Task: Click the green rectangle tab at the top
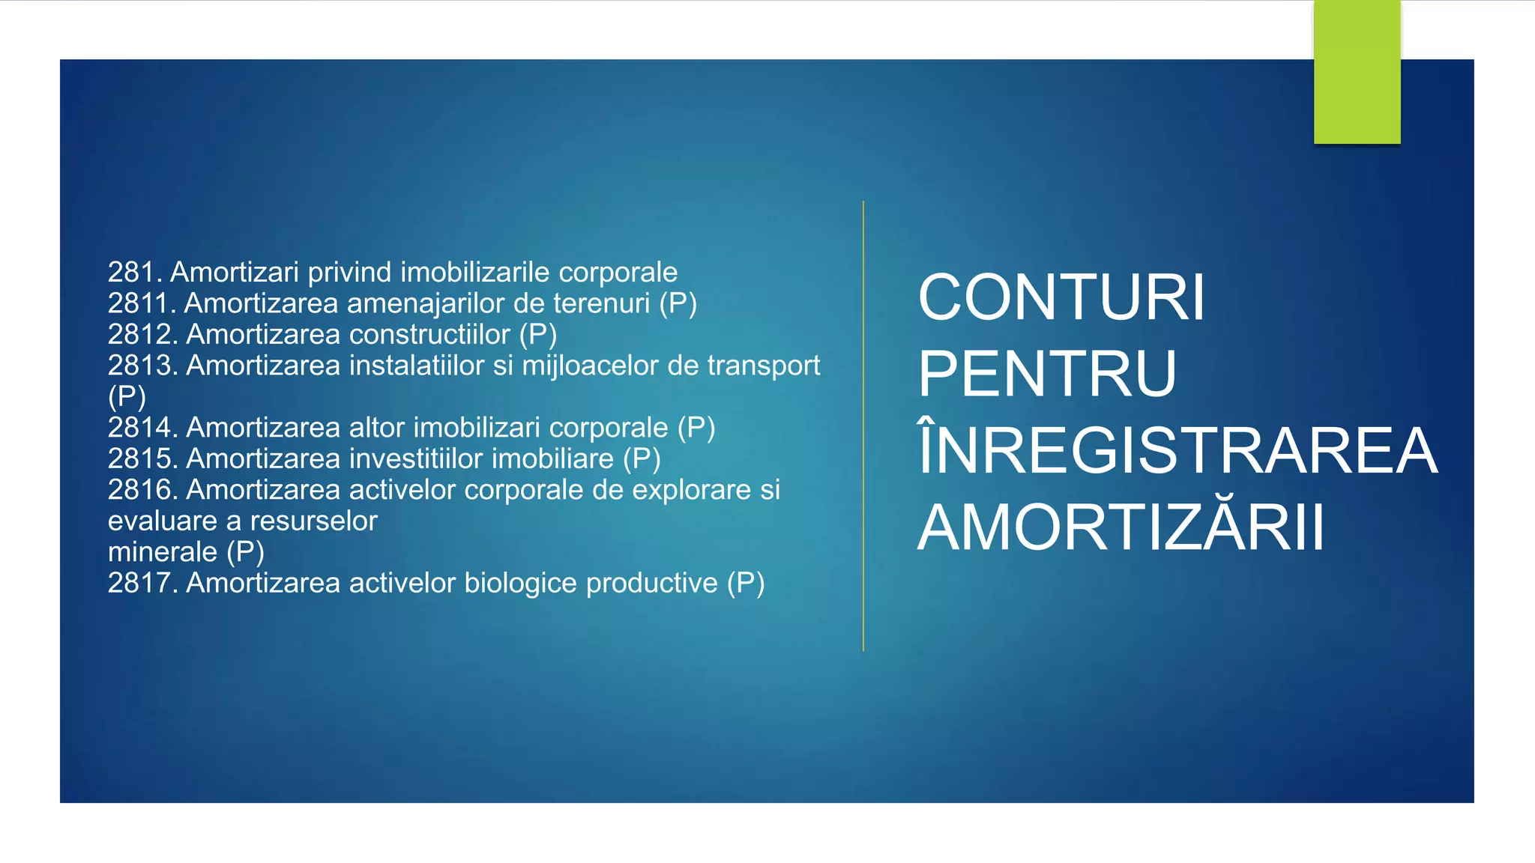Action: [1357, 72]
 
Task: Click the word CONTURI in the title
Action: [1061, 297]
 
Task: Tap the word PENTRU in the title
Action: [1047, 374]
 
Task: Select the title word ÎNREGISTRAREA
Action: [1177, 450]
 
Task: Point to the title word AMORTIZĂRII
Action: [1121, 527]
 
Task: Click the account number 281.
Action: [135, 272]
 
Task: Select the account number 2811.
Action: [142, 303]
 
